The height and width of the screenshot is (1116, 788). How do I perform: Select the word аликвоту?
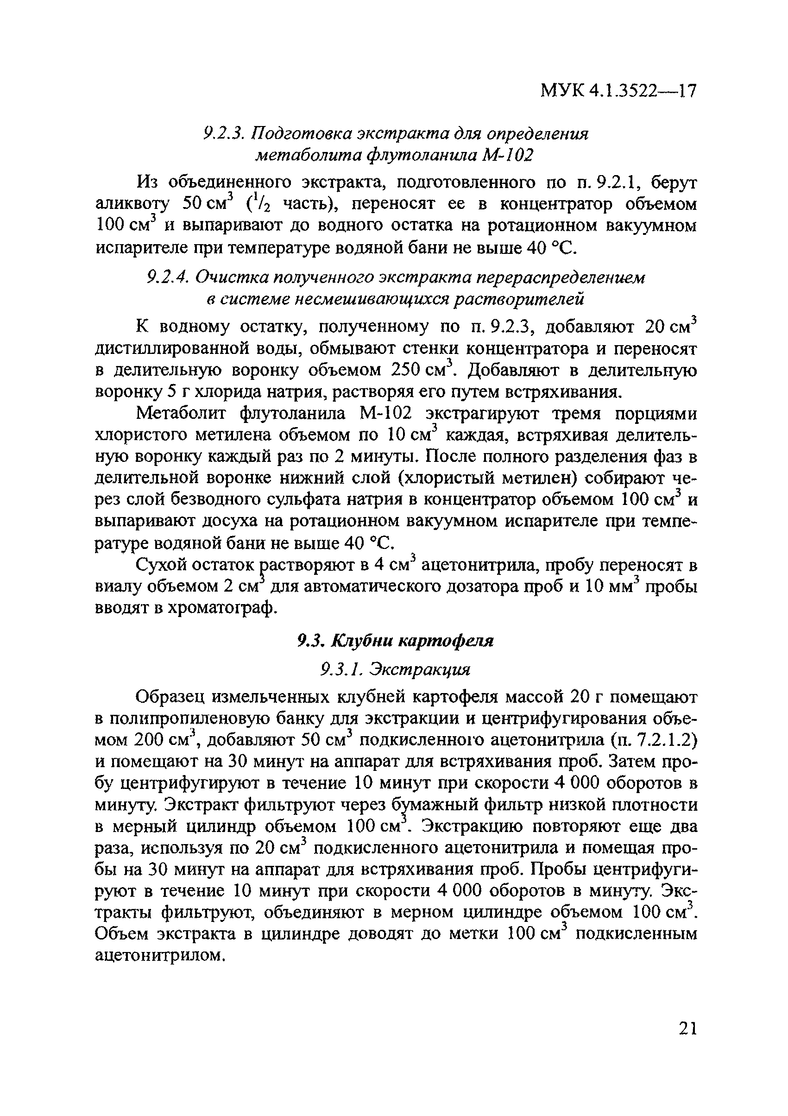pyautogui.click(x=131, y=205)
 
